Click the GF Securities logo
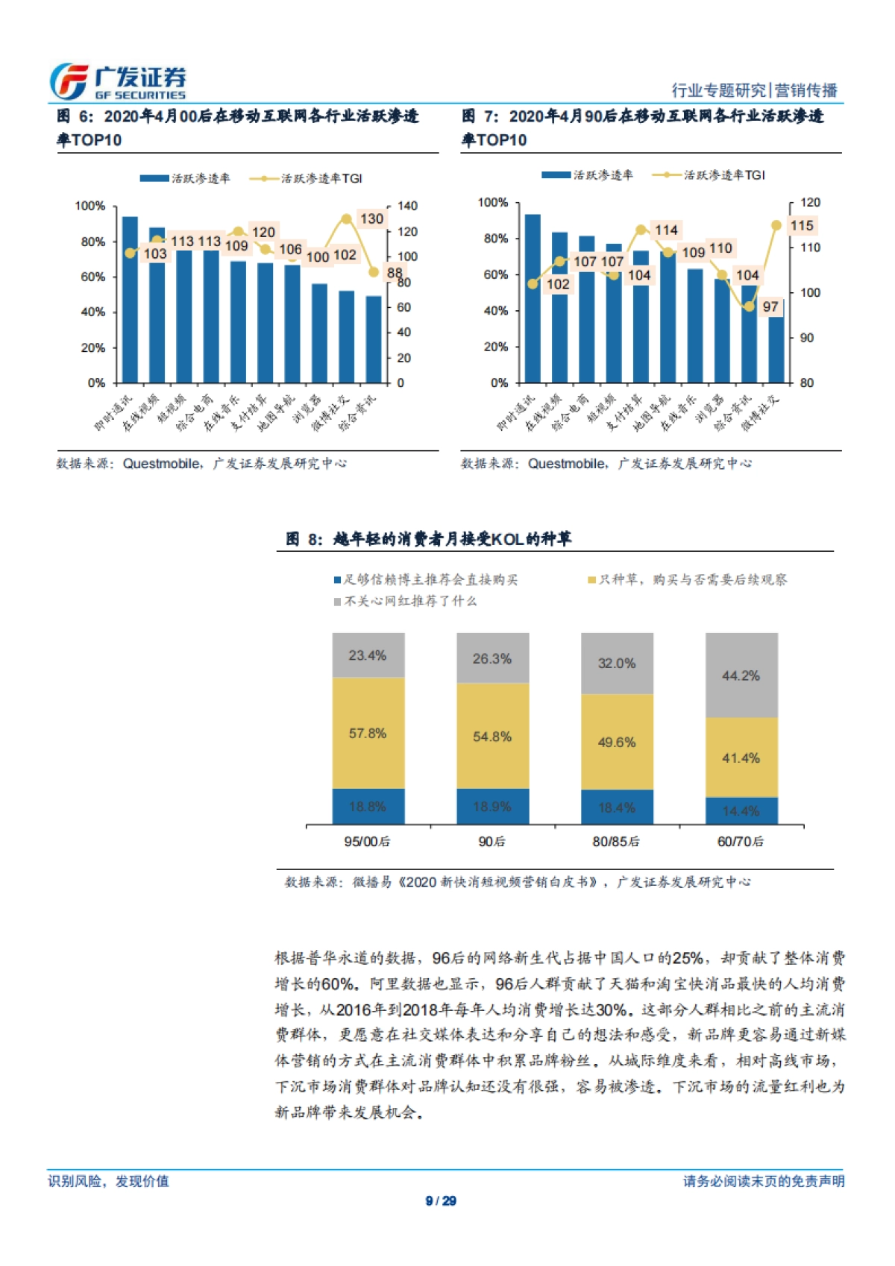point(117,81)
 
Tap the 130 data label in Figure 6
point(371,218)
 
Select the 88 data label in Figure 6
point(395,273)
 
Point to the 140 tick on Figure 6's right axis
point(407,206)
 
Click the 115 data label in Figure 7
point(802,225)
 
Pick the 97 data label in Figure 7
point(770,306)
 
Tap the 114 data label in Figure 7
point(666,230)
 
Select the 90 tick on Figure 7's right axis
point(807,338)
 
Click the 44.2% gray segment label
point(741,675)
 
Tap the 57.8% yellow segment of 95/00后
point(368,733)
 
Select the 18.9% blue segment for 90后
point(492,807)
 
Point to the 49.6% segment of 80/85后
point(617,742)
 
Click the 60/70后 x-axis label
point(740,841)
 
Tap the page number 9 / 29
point(441,1200)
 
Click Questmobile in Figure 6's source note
point(162,464)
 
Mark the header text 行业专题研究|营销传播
point(754,90)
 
